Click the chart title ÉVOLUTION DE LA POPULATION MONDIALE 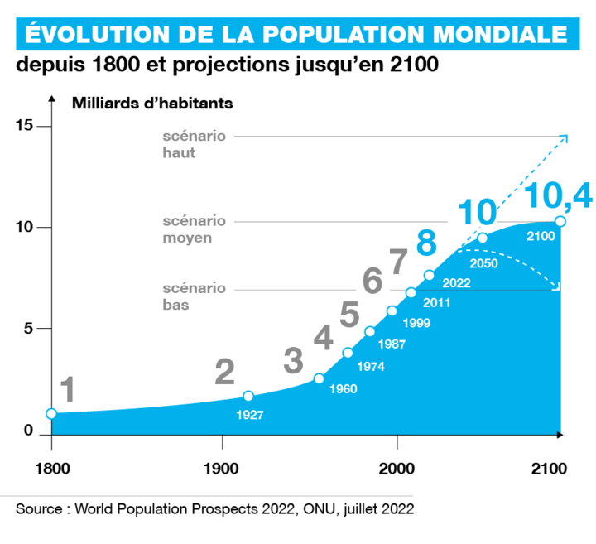pos(295,33)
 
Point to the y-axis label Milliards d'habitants pos(152,104)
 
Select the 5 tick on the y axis pos(27,328)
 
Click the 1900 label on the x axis pos(222,466)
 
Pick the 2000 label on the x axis pos(397,466)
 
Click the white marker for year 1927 pos(248,397)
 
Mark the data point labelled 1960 pos(320,378)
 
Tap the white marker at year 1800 pos(51,413)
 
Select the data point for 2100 pos(560,221)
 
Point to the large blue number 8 pos(425,243)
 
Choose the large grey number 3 pos(293,361)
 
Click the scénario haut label pos(194,145)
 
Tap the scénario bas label pos(194,296)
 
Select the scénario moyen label pos(194,229)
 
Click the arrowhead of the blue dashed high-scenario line pos(565,137)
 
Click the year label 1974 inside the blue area pos(370,365)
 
